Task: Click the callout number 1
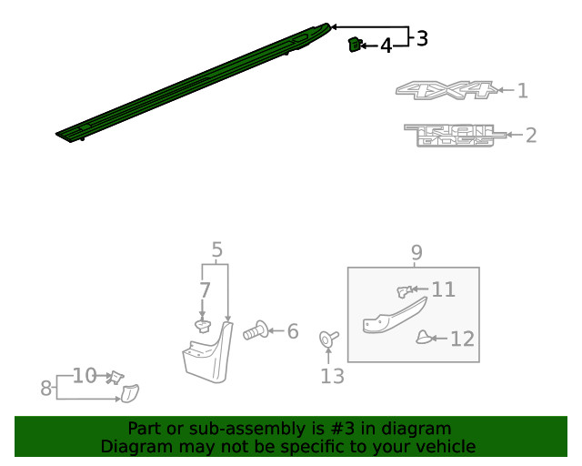pyautogui.click(x=522, y=90)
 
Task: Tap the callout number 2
pyautogui.click(x=531, y=136)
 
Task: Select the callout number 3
pyautogui.click(x=421, y=38)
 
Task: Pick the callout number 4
pyautogui.click(x=386, y=46)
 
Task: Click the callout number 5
pyautogui.click(x=216, y=249)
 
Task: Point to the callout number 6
pyautogui.click(x=292, y=332)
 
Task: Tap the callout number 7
pyautogui.click(x=205, y=291)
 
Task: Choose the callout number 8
pyautogui.click(x=45, y=389)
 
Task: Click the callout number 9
pyautogui.click(x=416, y=252)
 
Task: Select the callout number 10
pyautogui.click(x=84, y=375)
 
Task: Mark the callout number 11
pyautogui.click(x=443, y=289)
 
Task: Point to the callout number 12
pyautogui.click(x=462, y=339)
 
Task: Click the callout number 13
pyautogui.click(x=332, y=376)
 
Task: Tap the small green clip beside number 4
pyautogui.click(x=354, y=44)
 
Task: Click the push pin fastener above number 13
pyautogui.click(x=328, y=339)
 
